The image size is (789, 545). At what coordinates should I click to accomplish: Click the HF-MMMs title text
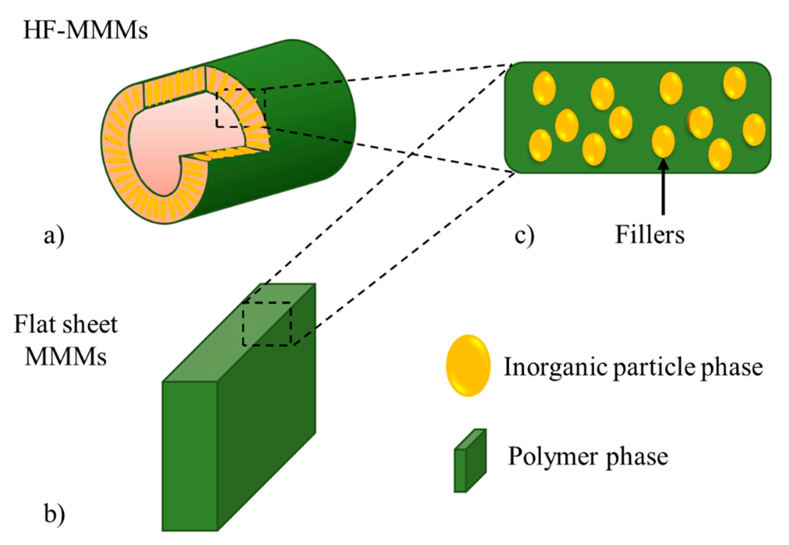pos(85,30)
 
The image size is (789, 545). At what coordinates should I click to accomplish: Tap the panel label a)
pos(54,236)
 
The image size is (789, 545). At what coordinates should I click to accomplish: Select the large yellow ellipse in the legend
pos(468,365)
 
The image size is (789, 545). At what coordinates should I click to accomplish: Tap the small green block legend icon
pos(470,461)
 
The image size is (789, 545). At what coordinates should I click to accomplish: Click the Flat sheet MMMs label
pos(66,340)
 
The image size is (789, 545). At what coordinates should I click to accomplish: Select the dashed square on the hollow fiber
pos(240,108)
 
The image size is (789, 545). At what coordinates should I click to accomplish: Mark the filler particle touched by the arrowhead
pos(663,141)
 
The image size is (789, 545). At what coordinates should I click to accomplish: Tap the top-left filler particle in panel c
pos(544,88)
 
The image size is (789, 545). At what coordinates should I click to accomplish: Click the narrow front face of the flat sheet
pos(189,456)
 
